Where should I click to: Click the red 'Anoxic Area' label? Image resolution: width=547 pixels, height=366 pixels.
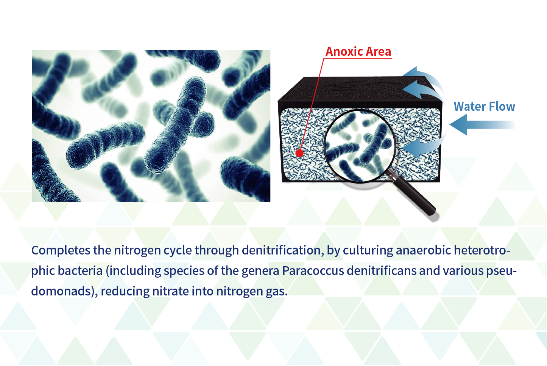(x=358, y=52)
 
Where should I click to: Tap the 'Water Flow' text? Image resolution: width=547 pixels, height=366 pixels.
(x=484, y=107)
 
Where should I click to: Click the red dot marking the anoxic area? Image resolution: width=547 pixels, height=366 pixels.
(x=299, y=153)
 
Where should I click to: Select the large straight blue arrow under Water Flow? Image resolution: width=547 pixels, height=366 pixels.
(x=482, y=125)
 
